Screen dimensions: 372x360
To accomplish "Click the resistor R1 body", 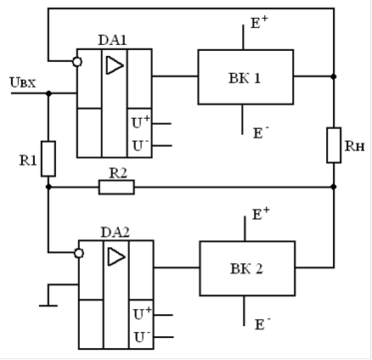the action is [x=48, y=159].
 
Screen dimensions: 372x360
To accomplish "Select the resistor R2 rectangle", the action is [x=116, y=187].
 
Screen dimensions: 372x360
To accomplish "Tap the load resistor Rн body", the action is [x=334, y=145].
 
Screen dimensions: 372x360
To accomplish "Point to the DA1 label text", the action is [x=112, y=40].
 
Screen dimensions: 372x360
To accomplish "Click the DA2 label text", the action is [x=116, y=233].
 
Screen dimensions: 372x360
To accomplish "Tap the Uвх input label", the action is [x=23, y=82].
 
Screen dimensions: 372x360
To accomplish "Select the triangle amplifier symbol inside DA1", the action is [x=115, y=65].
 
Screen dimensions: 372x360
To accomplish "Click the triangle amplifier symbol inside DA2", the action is [x=116, y=256].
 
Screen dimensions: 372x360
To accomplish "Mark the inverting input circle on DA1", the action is [x=77, y=62].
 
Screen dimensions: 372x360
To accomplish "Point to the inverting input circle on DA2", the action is [x=79, y=253].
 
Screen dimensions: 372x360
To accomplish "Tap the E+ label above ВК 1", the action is [x=259, y=22].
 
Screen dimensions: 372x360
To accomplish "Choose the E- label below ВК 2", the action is [x=262, y=324].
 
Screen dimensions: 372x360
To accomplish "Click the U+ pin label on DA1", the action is [x=141, y=122].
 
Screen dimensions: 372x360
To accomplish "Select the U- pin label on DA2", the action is [x=142, y=337].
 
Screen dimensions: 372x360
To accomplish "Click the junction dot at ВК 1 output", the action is [x=334, y=76].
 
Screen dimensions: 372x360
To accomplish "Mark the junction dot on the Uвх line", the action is [x=48, y=93].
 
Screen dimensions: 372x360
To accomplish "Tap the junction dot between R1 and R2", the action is [x=48, y=187].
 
